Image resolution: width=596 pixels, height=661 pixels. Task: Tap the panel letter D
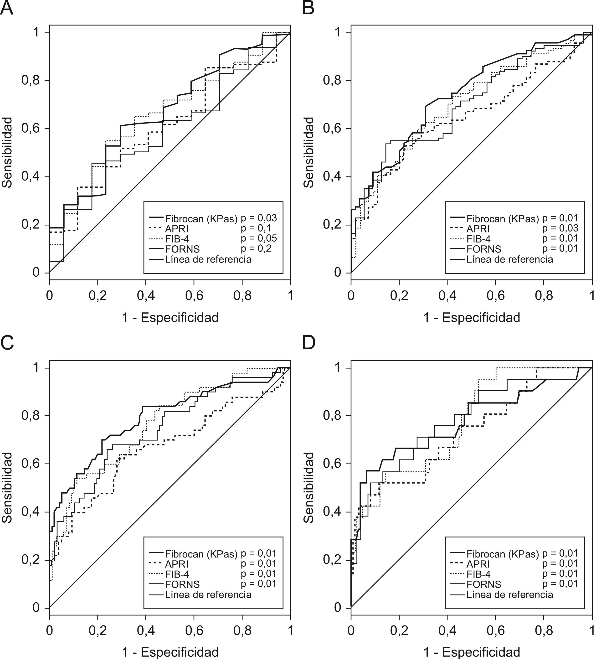[308, 343]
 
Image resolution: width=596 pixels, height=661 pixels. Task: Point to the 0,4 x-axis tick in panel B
[447, 295]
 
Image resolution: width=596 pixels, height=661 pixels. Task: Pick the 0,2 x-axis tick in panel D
[399, 630]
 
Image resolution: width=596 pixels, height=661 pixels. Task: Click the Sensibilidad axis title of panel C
[7, 487]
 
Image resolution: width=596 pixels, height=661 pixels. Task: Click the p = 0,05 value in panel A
[259, 238]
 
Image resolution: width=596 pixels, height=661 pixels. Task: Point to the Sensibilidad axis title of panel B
[308, 152]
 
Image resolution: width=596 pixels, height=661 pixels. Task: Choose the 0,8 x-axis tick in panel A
[242, 295]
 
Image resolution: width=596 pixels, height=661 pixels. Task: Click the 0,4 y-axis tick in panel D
[332, 512]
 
